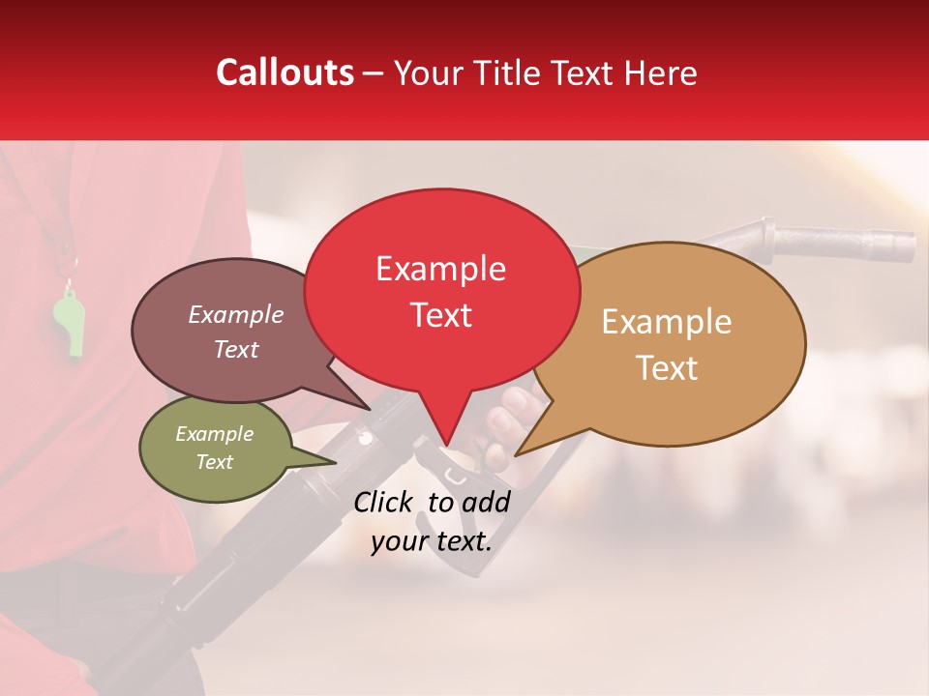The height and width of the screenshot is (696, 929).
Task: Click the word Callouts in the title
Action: [285, 72]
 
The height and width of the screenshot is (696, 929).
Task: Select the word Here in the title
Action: [661, 72]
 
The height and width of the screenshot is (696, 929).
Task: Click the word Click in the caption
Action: [384, 502]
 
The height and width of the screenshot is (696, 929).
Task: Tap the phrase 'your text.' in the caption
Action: [431, 541]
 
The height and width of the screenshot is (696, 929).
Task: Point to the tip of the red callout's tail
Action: [447, 447]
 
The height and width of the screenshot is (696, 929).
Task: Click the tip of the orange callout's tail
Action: [516, 454]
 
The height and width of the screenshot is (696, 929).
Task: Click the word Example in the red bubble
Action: [440, 269]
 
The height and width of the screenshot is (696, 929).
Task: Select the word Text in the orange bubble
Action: [668, 368]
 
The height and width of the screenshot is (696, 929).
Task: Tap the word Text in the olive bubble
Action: [215, 462]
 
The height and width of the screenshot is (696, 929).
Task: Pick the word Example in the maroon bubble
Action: [235, 314]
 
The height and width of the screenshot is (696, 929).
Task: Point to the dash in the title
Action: [374, 72]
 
